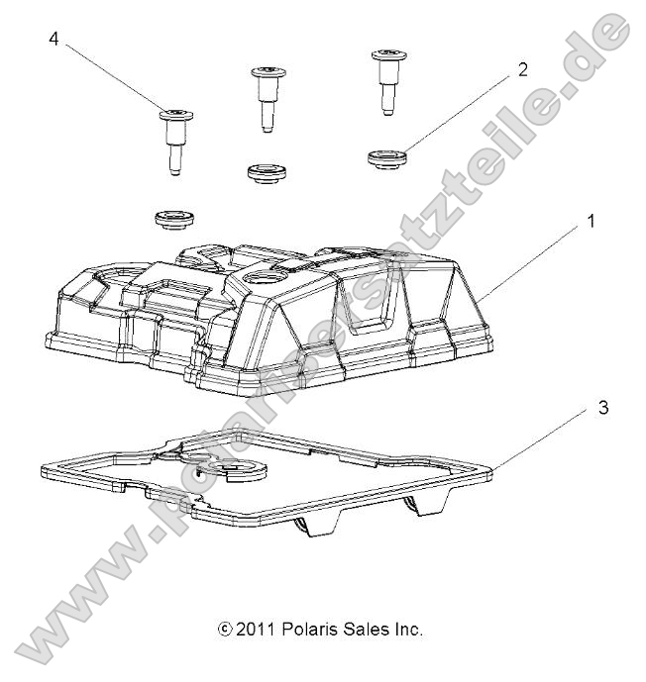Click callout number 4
[54, 40]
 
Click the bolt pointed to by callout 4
[174, 139]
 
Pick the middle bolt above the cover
[265, 96]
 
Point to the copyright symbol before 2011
[227, 630]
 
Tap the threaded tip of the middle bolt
[266, 125]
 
